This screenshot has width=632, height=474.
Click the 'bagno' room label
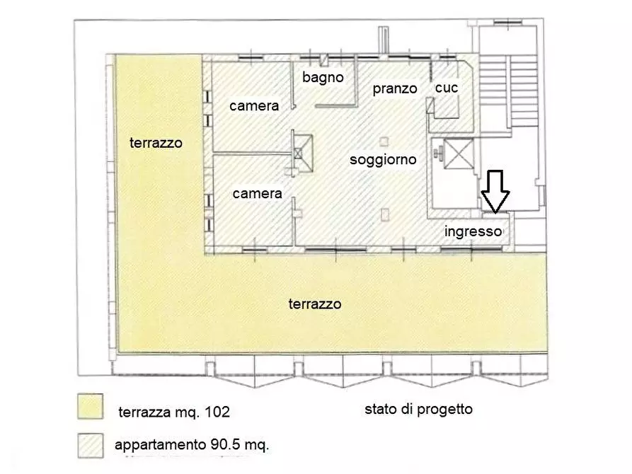point(323,77)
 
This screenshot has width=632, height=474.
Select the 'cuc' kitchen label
point(447,88)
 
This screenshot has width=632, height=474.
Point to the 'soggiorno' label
point(383,160)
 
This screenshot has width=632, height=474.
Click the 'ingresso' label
point(473,231)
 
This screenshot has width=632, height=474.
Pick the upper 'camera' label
point(254,105)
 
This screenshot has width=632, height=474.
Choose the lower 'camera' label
point(258,193)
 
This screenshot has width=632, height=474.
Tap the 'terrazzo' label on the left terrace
point(156,143)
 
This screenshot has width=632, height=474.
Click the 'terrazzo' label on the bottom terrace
point(315,304)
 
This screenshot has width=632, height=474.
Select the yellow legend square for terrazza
point(91,407)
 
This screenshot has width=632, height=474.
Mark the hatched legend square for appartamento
point(91,444)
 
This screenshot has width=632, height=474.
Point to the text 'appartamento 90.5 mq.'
point(192,446)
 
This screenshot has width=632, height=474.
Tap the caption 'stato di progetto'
point(418,408)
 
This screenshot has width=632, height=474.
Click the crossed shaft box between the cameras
point(303,152)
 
